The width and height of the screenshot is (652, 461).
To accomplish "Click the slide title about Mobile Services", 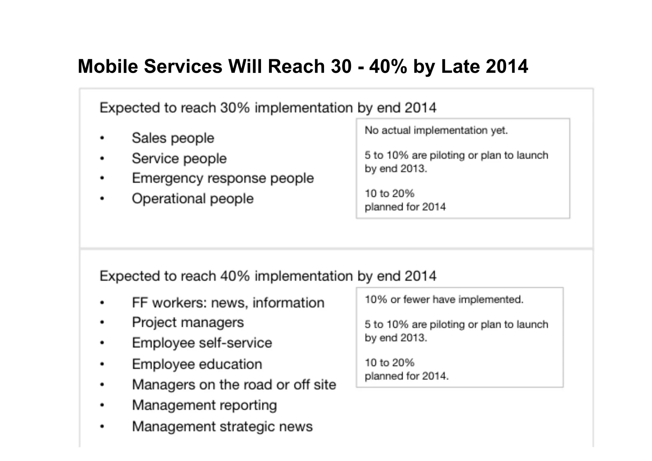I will pos(302,67).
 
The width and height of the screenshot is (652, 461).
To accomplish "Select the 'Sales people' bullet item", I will pos(173,138).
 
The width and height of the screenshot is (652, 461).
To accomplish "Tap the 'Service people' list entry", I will pos(179,159).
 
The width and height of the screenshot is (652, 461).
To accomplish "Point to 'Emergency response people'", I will pos(223,178).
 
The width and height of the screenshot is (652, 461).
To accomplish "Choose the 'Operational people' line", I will pos(193,199).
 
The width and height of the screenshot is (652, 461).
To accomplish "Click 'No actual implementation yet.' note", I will pos(436,131).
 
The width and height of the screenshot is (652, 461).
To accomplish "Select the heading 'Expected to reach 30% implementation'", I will pos(268,108).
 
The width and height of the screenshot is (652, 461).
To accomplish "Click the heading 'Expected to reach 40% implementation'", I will pos(268,276).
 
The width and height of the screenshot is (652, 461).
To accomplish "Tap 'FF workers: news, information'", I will pos(228,303).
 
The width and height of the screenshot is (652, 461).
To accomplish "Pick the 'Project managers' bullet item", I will pos(188,323).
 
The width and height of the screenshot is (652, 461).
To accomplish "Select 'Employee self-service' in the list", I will pos(202,343).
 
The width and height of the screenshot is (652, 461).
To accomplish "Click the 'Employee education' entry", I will pos(197,364).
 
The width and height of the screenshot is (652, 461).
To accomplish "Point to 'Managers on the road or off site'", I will pos(234,385).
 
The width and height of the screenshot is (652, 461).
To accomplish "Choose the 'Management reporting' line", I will pos(204,405).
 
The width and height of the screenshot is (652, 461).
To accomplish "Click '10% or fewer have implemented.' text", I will pos(444,300).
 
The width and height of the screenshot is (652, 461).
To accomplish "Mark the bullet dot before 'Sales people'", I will pos(102,138).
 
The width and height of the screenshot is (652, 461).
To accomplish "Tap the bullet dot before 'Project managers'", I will pos(102,323).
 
